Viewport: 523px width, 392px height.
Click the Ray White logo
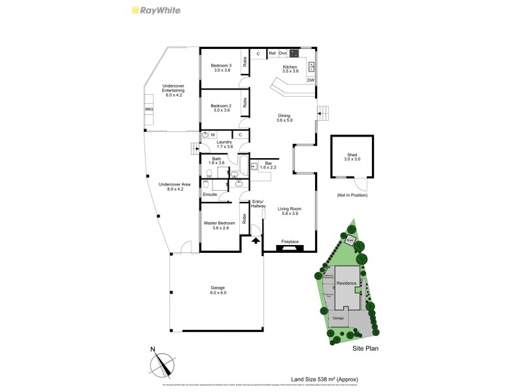point(156,10)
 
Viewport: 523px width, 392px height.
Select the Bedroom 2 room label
point(221,107)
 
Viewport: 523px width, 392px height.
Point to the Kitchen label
point(290,68)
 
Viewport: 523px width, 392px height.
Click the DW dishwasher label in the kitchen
point(311,80)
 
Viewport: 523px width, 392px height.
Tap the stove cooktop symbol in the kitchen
point(294,53)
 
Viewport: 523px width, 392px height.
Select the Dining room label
point(284,118)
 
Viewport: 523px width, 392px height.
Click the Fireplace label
point(290,242)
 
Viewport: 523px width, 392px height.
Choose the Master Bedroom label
point(220,225)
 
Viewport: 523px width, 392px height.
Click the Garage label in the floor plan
point(218,290)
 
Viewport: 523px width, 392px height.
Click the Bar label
point(268,165)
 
